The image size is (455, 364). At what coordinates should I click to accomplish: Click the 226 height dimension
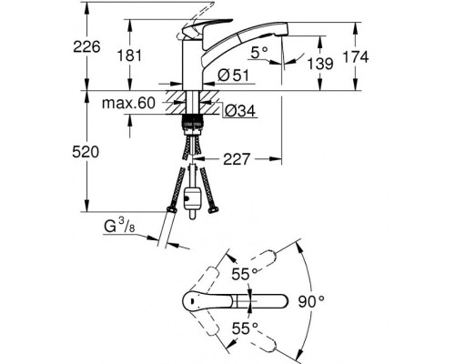click(x=86, y=47)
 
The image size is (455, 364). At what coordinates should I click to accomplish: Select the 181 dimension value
click(x=129, y=56)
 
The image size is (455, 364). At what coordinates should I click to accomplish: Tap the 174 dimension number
click(x=356, y=57)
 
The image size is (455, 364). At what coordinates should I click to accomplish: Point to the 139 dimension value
click(x=320, y=64)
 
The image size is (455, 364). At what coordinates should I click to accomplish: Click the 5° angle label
click(x=259, y=53)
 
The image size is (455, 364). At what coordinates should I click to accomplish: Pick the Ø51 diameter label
click(x=233, y=76)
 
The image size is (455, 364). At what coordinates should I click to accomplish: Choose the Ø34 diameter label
click(x=240, y=111)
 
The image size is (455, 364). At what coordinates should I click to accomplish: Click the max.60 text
click(x=128, y=103)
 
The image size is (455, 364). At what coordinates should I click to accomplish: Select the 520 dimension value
click(x=86, y=152)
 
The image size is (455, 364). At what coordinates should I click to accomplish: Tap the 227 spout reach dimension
click(x=237, y=159)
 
